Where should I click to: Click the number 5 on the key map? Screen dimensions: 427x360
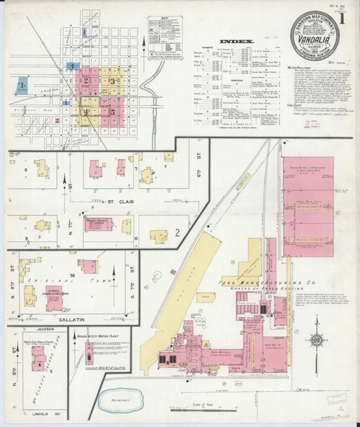point(113,112)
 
